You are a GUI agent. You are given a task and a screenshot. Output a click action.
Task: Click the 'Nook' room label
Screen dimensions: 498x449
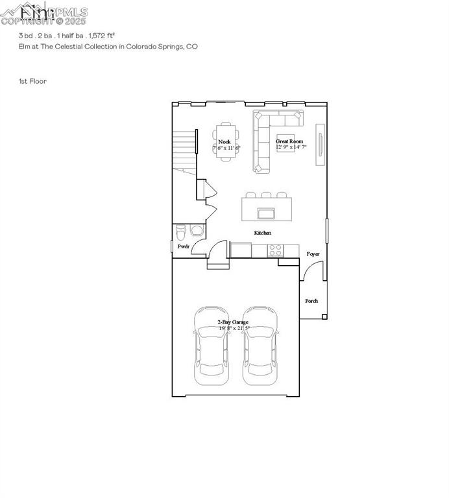[224, 141]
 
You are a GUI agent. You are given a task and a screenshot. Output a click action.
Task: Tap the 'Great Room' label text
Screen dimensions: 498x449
[289, 141]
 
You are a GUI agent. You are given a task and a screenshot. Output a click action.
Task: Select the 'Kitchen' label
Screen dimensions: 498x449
[263, 233]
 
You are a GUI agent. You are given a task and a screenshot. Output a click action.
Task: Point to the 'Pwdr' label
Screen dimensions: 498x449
[184, 246]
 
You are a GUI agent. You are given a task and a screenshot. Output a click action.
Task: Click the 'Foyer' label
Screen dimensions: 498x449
[313, 254]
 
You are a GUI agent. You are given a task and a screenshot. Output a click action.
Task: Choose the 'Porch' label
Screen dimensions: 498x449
[312, 301]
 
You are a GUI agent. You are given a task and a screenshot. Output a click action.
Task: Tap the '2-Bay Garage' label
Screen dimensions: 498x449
[233, 322]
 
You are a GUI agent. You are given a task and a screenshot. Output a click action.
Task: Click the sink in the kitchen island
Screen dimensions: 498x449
[265, 213]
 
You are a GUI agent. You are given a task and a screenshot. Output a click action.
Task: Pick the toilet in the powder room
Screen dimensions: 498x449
[182, 230]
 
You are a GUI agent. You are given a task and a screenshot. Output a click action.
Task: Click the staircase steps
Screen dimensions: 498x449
[186, 149]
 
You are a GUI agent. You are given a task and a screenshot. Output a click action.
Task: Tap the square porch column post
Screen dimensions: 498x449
[324, 316]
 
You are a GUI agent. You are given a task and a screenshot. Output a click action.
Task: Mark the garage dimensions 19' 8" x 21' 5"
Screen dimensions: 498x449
[234, 328]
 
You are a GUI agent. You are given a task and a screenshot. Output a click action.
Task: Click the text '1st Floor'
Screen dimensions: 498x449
[32, 81]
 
